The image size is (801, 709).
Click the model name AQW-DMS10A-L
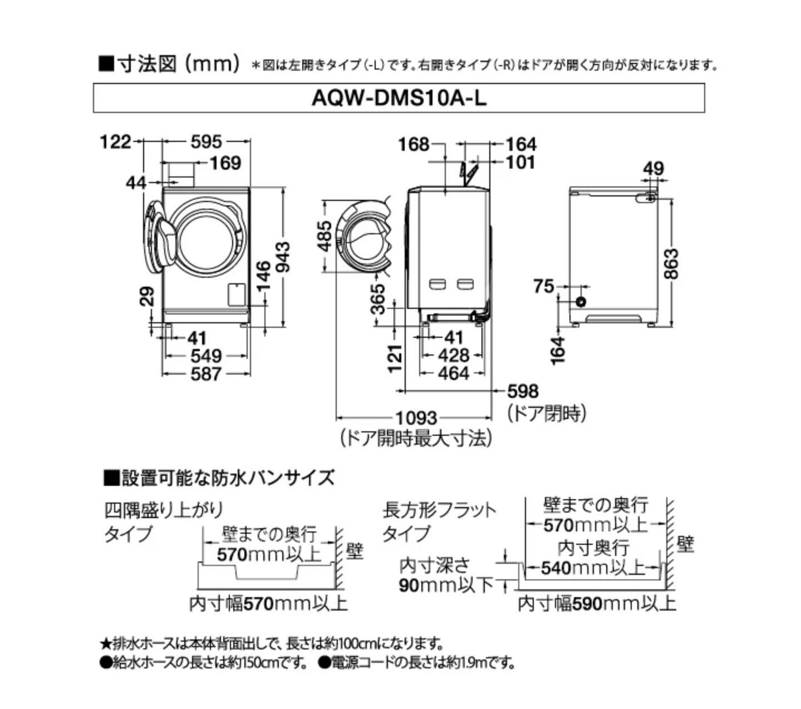(399, 99)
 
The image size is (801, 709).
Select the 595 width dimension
(206, 142)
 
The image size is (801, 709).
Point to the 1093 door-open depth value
(416, 418)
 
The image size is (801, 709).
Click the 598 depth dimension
(523, 391)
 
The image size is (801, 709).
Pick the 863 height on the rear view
(671, 264)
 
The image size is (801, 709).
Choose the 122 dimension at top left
(115, 142)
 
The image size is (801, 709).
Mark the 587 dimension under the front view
(206, 374)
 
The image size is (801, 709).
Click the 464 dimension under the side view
(454, 373)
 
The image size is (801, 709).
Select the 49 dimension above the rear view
(653, 169)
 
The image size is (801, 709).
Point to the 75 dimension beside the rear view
(544, 285)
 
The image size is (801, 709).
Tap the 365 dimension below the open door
(378, 299)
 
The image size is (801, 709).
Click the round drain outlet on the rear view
(581, 302)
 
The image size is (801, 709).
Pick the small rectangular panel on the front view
(235, 294)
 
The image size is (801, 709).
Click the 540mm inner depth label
(593, 568)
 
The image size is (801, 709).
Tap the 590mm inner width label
(597, 603)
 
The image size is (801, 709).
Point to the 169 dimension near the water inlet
(225, 163)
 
